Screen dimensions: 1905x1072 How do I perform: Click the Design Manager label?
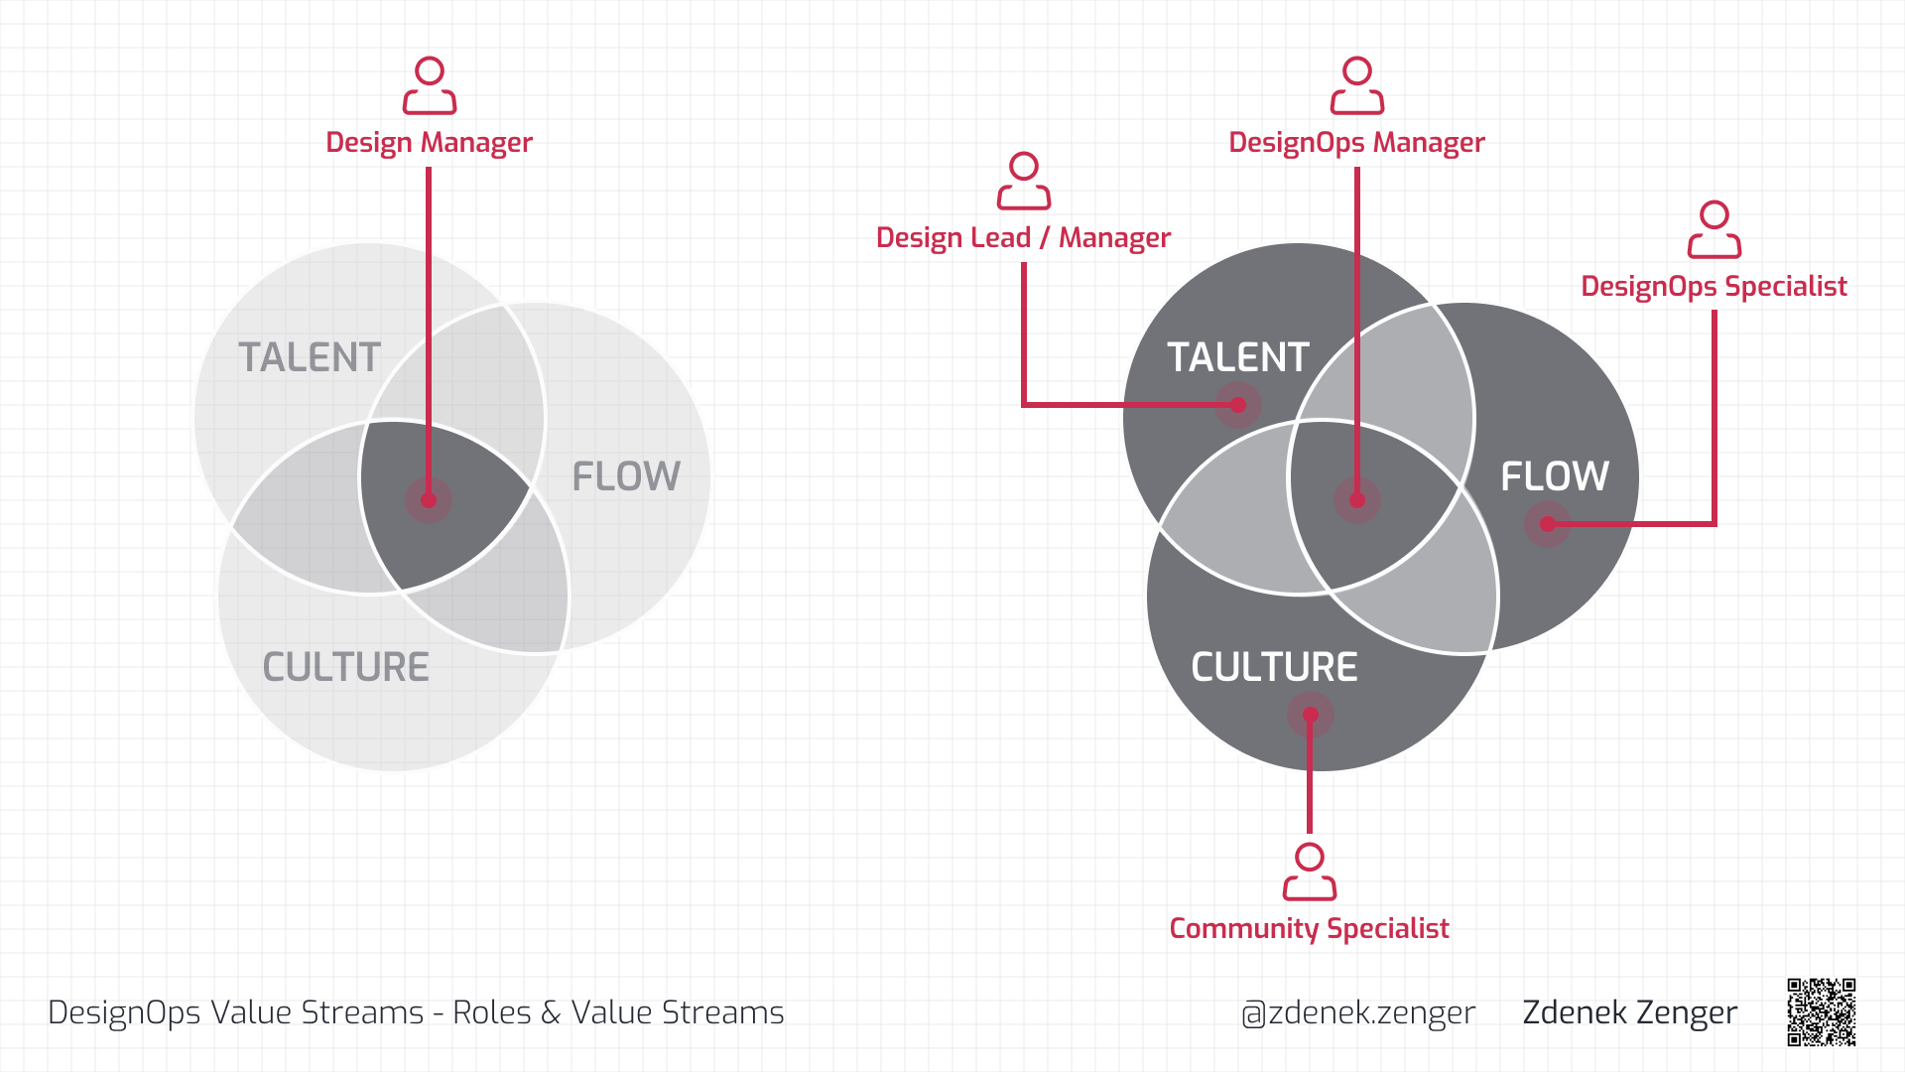pos(429,143)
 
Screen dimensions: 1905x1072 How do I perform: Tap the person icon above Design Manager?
pos(430,86)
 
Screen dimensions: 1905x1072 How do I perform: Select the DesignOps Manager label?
pos(1356,143)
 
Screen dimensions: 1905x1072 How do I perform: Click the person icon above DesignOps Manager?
pos(1357,86)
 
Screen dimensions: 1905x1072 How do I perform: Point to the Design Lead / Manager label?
pos(1023,238)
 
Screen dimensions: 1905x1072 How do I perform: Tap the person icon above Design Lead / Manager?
pos(1024,181)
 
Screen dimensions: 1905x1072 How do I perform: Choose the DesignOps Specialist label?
pos(1714,287)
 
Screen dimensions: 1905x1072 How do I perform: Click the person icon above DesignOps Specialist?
pos(1714,229)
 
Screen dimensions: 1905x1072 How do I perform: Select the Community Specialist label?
pos(1309,929)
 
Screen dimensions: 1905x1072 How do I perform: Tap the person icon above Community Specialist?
pos(1310,871)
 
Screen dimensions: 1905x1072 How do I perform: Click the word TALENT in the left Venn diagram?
pos(310,357)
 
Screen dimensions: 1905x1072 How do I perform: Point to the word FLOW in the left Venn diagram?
pos(626,476)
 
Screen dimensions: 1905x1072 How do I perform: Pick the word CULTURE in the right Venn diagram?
pos(1274,667)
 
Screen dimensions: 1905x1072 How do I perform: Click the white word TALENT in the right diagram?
pos(1238,357)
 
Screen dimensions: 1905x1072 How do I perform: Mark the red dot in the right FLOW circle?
pos(1548,524)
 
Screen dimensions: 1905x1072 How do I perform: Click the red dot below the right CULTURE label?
pos(1311,715)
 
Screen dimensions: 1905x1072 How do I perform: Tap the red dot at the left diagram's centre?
pos(429,500)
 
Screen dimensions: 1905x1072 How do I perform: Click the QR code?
pos(1822,1012)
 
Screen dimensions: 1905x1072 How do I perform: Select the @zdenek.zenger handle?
pos(1358,1012)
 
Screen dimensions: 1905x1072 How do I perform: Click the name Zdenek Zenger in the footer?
pos(1630,1012)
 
